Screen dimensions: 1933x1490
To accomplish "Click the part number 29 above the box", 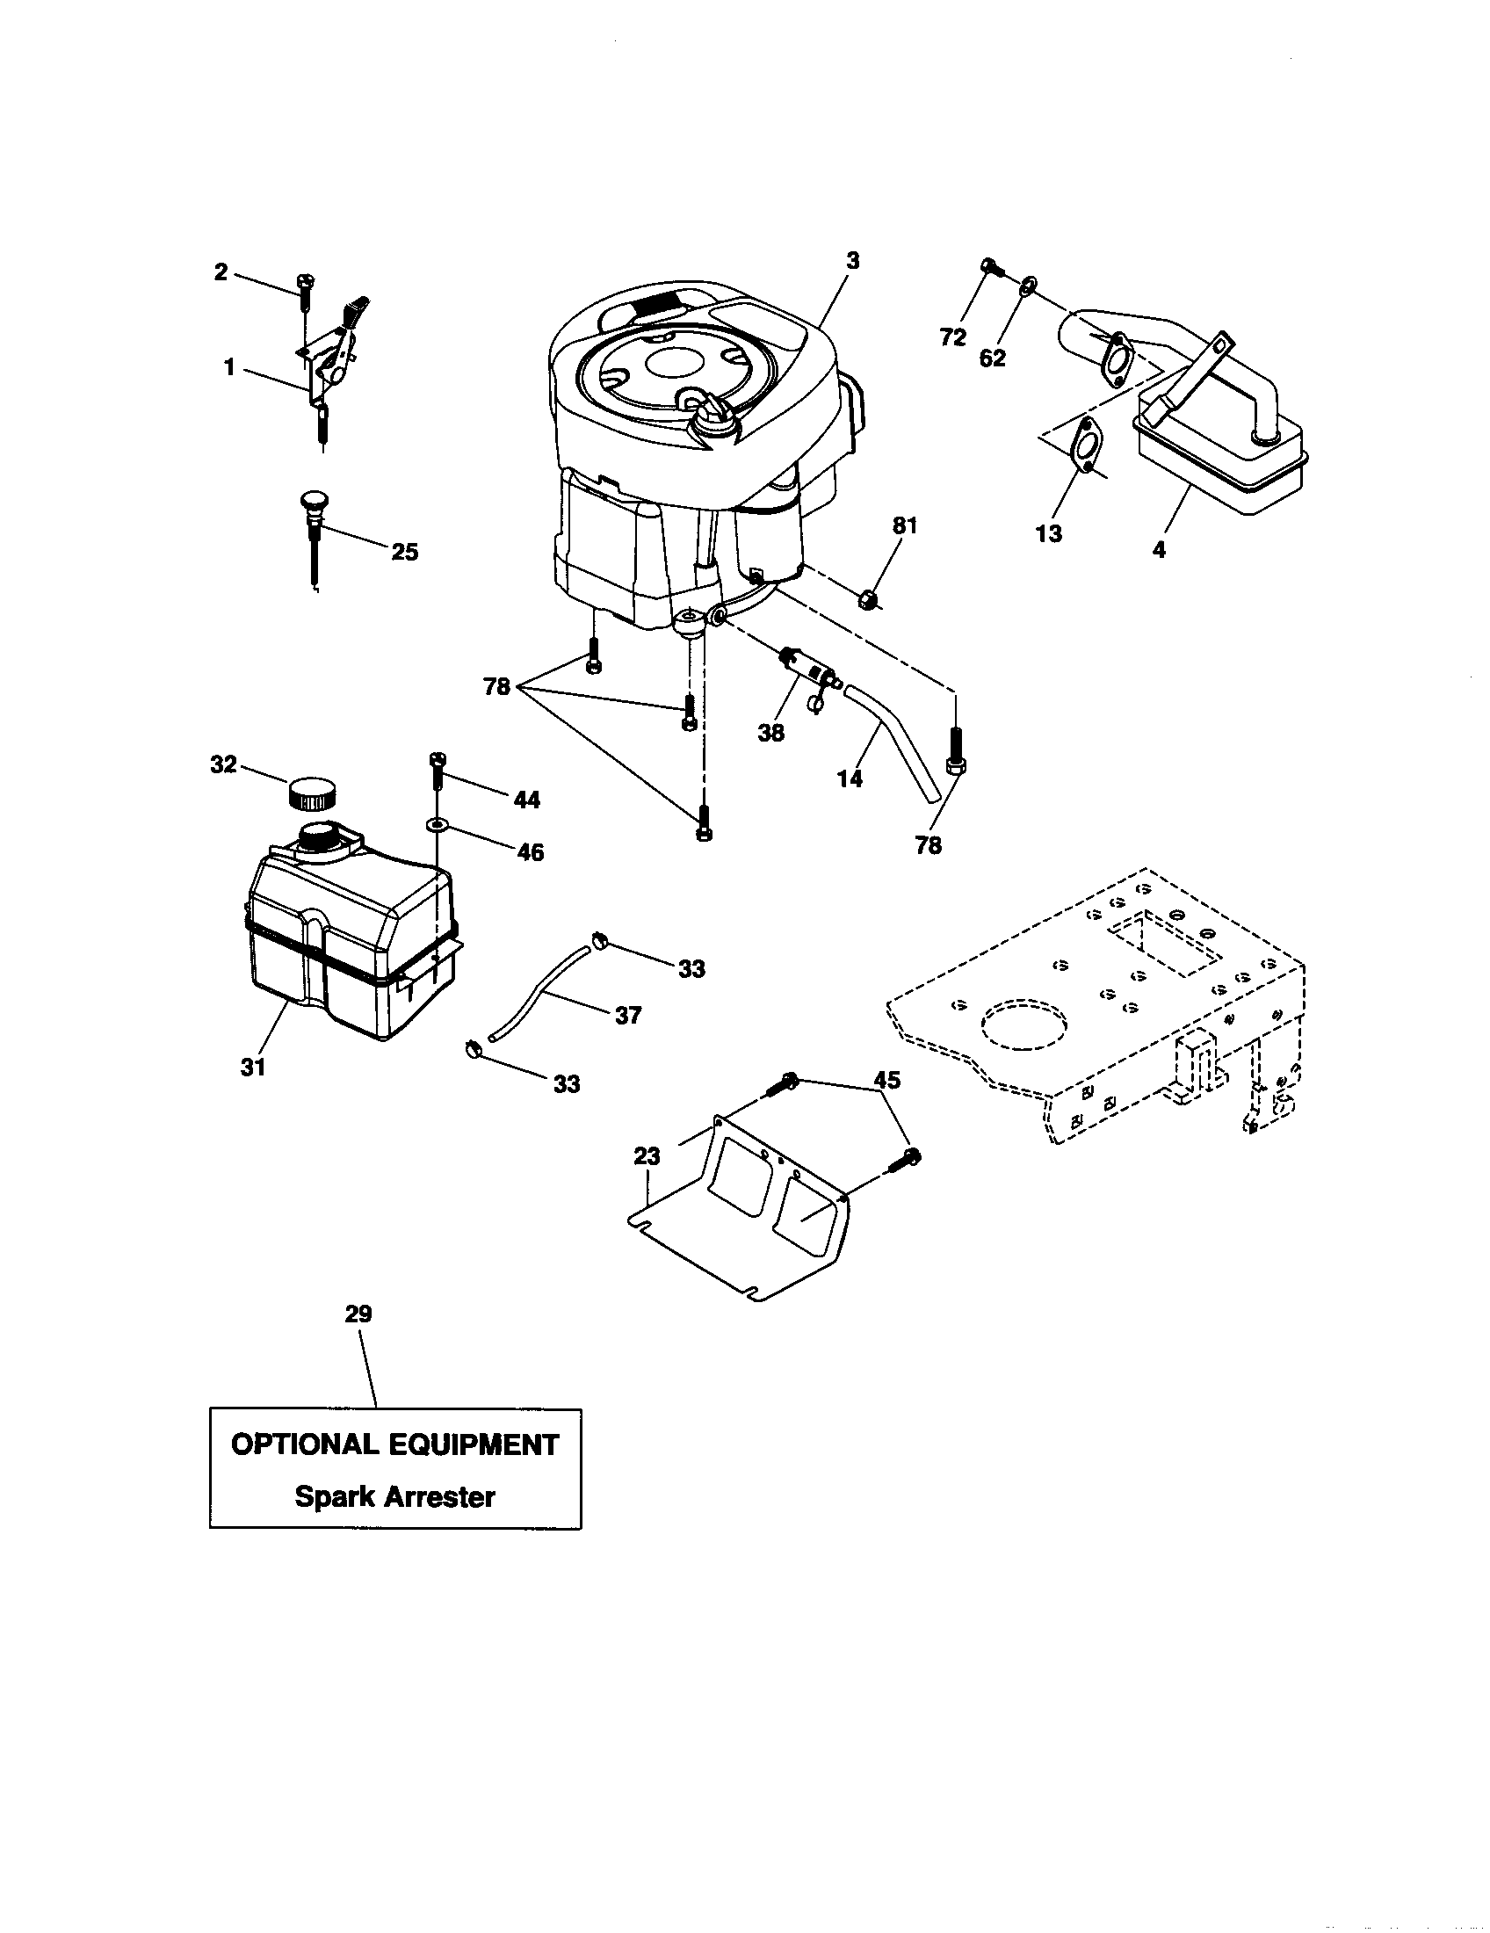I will (358, 1314).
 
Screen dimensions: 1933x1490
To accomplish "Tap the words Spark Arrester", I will (394, 1496).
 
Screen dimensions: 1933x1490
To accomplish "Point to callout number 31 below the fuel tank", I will (253, 1068).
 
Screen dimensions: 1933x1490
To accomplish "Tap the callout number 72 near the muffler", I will (953, 337).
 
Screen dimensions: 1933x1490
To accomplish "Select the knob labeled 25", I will (315, 510).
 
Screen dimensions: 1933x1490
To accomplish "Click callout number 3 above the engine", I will (852, 261).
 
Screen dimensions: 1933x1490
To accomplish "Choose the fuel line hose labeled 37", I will (541, 993).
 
